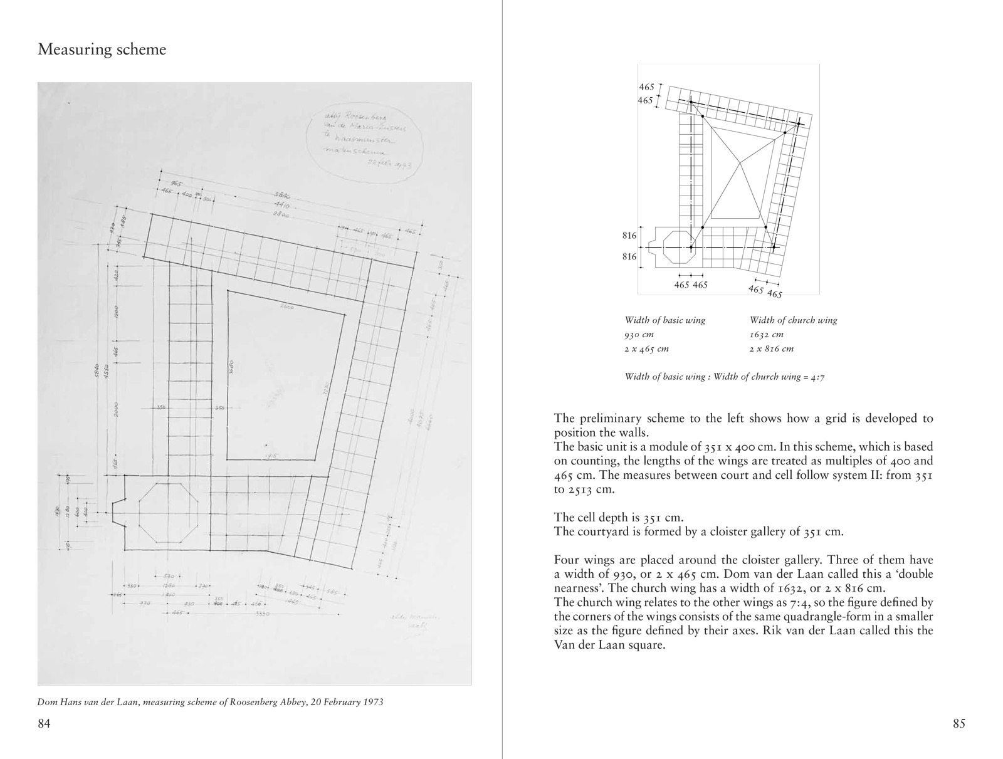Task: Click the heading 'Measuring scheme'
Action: (x=102, y=50)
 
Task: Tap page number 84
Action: (x=44, y=725)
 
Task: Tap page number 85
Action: (x=958, y=725)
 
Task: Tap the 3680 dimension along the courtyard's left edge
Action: (x=231, y=367)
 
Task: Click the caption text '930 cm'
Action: (x=639, y=335)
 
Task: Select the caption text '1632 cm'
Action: (x=767, y=335)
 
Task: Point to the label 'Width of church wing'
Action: (x=793, y=320)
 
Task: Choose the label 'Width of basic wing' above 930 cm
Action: (x=664, y=320)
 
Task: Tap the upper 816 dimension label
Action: (x=629, y=236)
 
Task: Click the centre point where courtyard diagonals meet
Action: (x=740, y=163)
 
